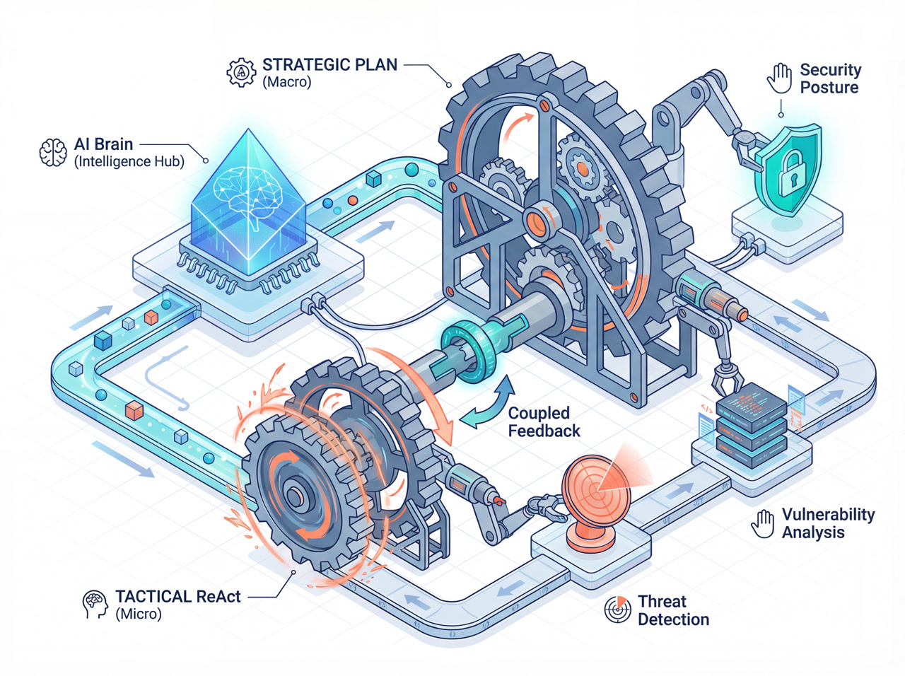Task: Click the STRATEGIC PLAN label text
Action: pos(329,65)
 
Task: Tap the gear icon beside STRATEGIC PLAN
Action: pos(241,72)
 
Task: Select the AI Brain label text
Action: pos(104,144)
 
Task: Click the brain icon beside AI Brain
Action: pos(52,153)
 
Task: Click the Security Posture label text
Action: pos(829,78)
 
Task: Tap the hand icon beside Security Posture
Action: pos(780,78)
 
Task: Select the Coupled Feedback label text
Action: pos(544,422)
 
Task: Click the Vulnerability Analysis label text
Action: pos(827,523)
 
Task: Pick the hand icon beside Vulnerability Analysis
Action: pos(763,524)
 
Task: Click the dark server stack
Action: pos(751,421)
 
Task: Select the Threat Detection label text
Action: pos(672,610)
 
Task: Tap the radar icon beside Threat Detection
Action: pos(618,610)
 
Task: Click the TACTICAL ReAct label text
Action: pos(178,597)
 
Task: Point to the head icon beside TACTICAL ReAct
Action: pos(95,605)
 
